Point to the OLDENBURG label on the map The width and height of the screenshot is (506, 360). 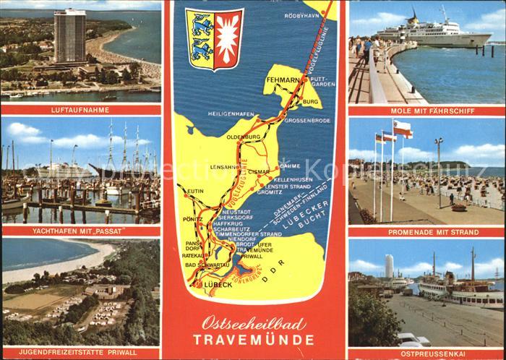(x=243, y=136)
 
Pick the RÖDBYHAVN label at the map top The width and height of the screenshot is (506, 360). (x=301, y=15)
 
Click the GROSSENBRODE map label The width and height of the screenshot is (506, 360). (x=309, y=120)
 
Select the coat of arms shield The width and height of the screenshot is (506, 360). (x=214, y=39)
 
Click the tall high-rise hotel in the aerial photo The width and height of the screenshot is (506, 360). (x=69, y=36)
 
